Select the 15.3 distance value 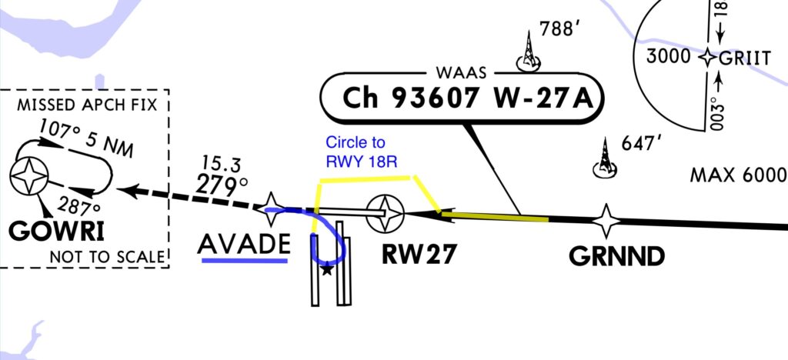222,164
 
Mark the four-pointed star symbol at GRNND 606,221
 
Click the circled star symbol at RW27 384,212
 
